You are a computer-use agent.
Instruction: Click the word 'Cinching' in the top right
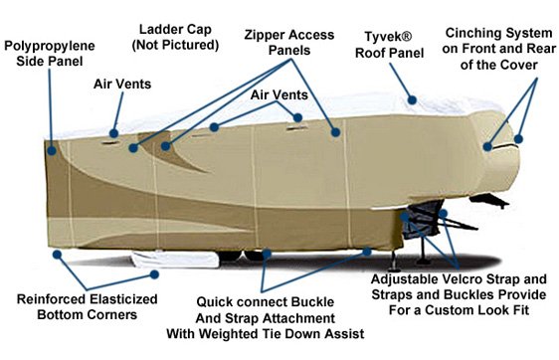pyautogui.click(x=470, y=32)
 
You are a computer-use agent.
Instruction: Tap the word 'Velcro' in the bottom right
pyautogui.click(x=446, y=280)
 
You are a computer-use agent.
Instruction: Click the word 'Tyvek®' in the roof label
pyautogui.click(x=389, y=32)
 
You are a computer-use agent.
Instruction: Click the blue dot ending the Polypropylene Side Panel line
pyautogui.click(x=49, y=151)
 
